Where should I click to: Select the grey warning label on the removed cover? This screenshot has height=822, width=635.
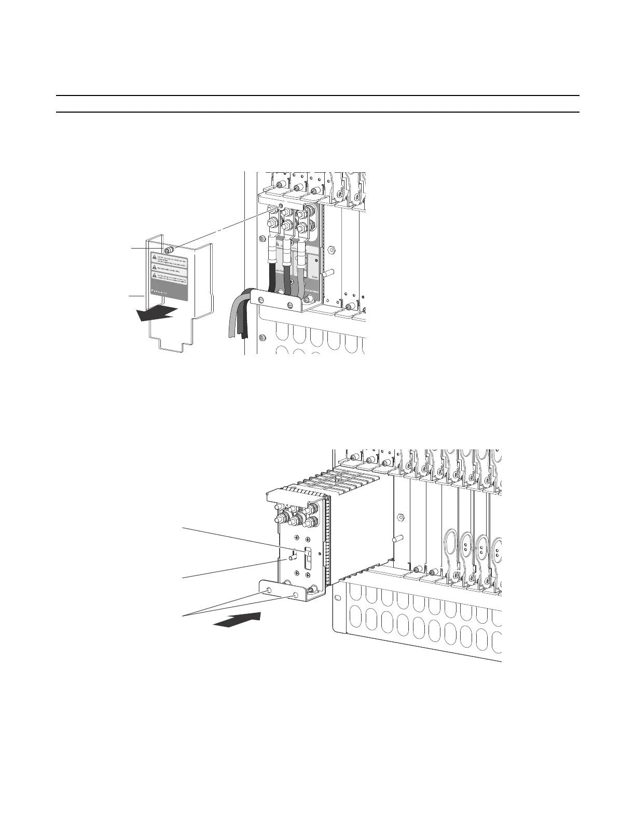(169, 276)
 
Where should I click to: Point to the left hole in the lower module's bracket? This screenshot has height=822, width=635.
(269, 591)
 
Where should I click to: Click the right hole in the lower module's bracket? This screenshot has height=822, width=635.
(296, 595)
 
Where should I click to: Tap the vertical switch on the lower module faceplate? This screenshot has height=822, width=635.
(308, 556)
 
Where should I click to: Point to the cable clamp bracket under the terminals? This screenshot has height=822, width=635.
(278, 300)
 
